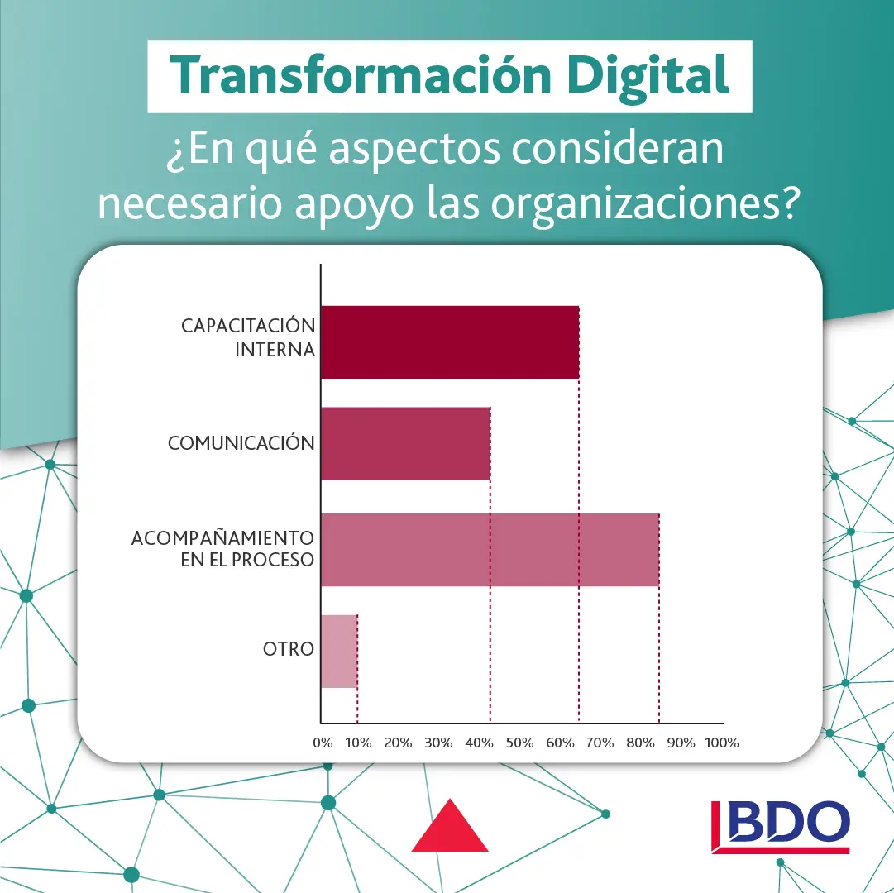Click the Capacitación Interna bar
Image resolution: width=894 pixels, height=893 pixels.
coord(450,342)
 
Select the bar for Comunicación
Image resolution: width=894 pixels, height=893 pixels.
coord(405,443)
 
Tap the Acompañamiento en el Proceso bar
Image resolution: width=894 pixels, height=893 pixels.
coord(490,549)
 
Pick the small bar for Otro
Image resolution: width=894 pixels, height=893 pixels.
coord(339,651)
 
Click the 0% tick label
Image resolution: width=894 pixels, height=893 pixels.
coord(323,743)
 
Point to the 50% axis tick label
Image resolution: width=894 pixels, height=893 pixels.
coord(519,743)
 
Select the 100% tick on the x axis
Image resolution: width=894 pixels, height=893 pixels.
coord(722,743)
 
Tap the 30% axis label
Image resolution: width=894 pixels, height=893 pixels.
coord(437,743)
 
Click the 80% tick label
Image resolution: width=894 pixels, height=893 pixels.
coord(640,743)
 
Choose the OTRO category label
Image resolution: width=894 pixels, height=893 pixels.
coord(289,649)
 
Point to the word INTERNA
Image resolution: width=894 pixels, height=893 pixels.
coord(275,349)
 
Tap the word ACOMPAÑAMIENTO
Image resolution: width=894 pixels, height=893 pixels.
coord(223,538)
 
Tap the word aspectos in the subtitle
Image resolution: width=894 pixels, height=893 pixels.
coord(414,150)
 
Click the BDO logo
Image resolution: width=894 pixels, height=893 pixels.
coord(781,826)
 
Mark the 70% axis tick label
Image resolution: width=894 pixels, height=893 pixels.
coord(600,743)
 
